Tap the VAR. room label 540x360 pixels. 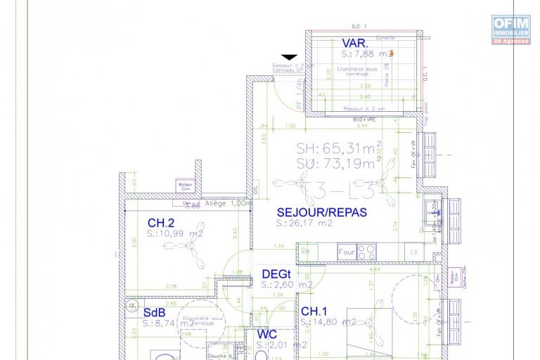pyautogui.click(x=356, y=44)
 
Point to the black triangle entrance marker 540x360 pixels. pyautogui.click(x=289, y=58)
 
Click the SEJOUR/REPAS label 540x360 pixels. pyautogui.click(x=321, y=212)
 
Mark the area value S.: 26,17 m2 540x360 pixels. pyautogui.click(x=304, y=224)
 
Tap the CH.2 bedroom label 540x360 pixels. pyautogui.click(x=160, y=223)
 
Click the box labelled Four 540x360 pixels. pyautogui.click(x=346, y=251)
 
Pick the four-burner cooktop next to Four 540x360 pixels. pyautogui.click(x=366, y=251)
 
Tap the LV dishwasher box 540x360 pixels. pyautogui.click(x=413, y=251)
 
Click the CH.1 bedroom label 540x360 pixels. pyautogui.click(x=314, y=311)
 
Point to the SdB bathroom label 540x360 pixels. pyautogui.click(x=155, y=312)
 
